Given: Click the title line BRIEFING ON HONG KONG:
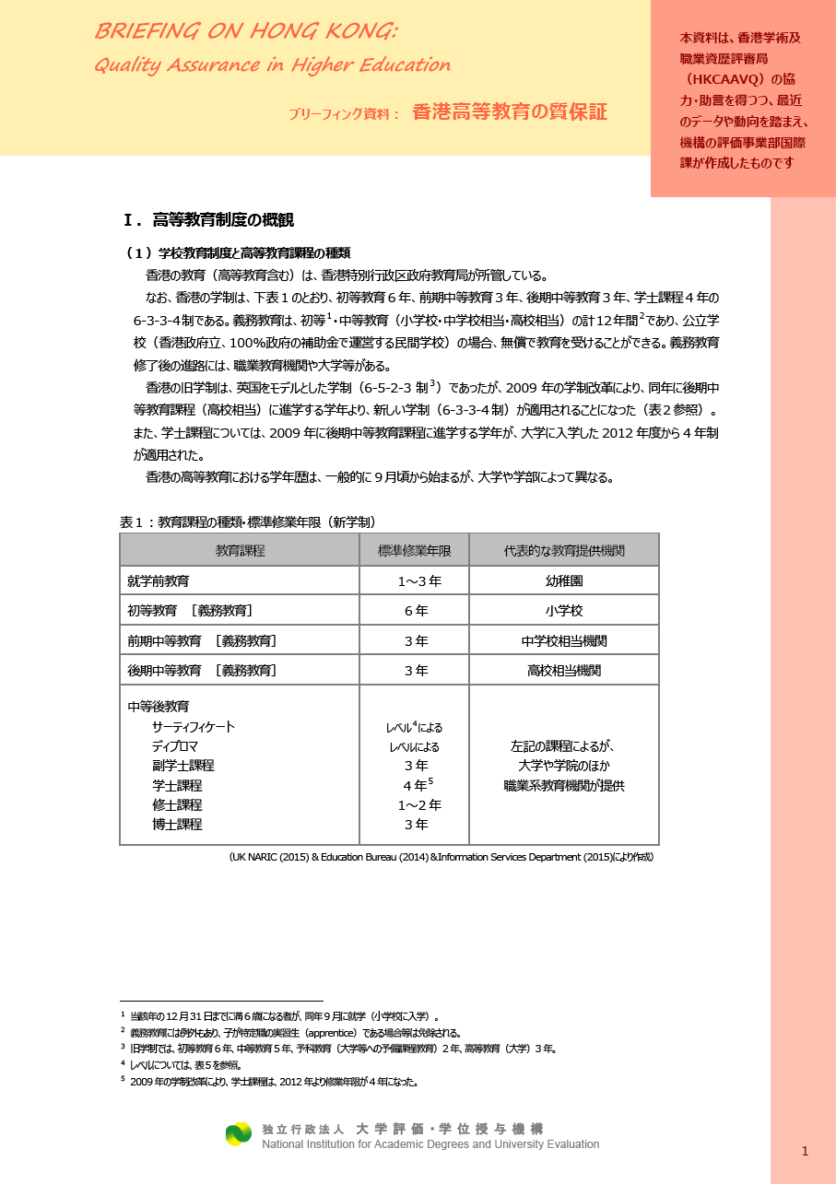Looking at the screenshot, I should point(246,31).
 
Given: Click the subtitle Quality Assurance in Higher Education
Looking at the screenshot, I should point(272,64).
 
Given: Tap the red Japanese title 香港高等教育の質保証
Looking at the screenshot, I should point(509,112).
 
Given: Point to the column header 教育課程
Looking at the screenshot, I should point(240,550).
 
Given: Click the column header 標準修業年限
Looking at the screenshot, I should point(414,550).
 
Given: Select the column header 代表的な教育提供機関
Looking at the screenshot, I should point(564,550).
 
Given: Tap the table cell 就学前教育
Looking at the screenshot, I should point(159,581).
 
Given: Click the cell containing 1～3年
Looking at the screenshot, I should point(419,581).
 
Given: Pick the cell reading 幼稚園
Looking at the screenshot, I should point(564,581).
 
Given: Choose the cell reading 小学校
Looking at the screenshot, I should point(564,611).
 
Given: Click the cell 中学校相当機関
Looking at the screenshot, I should point(564,640).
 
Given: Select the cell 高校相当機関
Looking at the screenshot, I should point(564,671).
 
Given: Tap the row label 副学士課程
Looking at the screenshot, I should point(183,766).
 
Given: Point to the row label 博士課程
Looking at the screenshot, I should point(177,825).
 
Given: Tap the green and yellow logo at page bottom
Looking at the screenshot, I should point(239,1134).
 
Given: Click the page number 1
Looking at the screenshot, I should point(805,1151).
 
